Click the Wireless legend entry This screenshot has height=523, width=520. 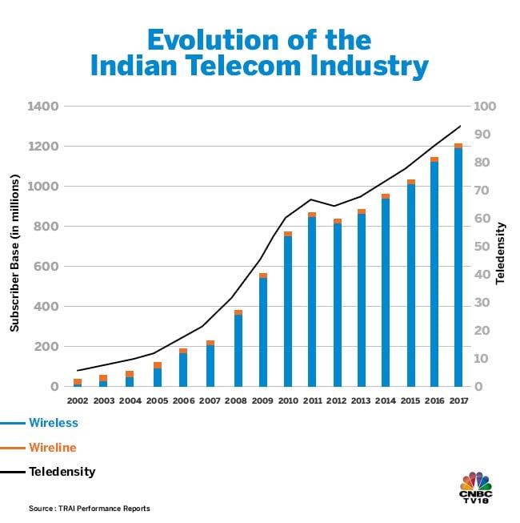pos(53,422)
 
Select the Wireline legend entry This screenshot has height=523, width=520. pos(52,447)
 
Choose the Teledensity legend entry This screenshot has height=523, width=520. pos(62,472)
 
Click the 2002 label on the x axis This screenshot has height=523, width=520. pos(78,400)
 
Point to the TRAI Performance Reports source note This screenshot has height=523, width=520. pos(90,509)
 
